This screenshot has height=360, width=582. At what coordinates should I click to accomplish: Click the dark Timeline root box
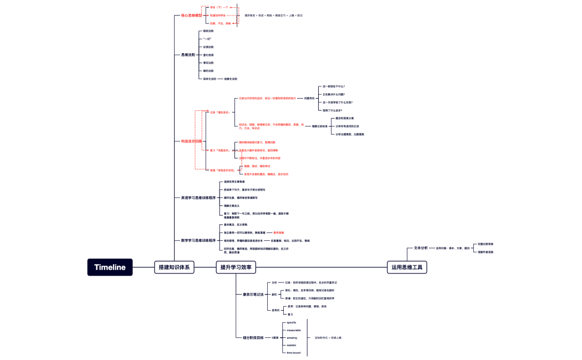point(110,267)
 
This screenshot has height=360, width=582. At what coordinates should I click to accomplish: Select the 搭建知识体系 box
point(174,267)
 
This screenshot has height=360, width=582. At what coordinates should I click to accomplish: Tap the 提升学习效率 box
point(236,267)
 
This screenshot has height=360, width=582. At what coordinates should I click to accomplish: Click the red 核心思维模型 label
point(191,16)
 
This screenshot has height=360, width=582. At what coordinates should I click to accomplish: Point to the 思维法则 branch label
point(188,55)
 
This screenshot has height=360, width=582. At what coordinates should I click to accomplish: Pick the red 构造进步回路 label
point(191,141)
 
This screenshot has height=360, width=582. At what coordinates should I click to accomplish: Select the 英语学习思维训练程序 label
point(198,197)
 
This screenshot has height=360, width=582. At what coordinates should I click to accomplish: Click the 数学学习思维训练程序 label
point(198,240)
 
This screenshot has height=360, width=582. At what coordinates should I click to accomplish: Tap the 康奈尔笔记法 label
point(253,294)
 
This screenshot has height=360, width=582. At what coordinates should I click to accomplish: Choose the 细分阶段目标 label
point(253,337)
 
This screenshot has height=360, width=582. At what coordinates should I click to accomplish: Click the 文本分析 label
point(421,248)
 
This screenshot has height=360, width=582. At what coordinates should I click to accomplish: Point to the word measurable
point(294,330)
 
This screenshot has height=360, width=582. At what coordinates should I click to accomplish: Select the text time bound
point(293,353)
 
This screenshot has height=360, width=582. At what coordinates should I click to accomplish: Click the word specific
point(292,322)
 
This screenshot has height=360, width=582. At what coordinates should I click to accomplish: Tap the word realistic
point(292,345)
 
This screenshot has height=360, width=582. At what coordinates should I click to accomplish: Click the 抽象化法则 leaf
point(231,79)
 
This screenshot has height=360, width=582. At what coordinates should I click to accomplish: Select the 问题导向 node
point(309,98)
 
